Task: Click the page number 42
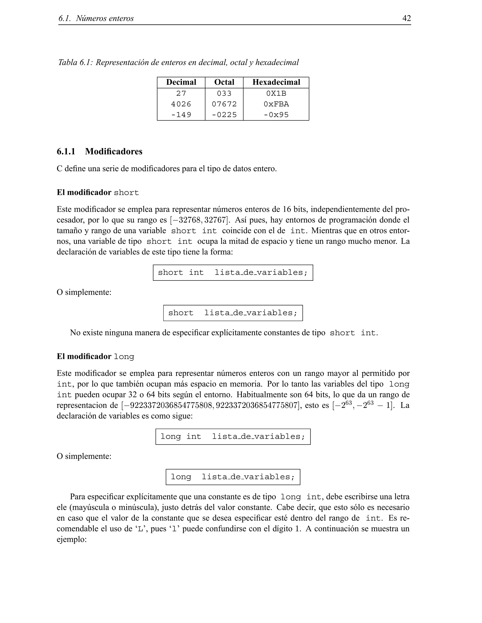pos(406,18)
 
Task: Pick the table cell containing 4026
pos(181,104)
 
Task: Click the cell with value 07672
pos(224,104)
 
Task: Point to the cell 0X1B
pos(276,93)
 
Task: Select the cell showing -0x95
pos(276,115)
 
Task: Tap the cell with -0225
pos(224,115)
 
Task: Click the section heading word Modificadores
pos(114,151)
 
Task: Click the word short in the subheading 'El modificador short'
pos(126,193)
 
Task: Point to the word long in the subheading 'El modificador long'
pos(124,357)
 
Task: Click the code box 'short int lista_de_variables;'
pos(233,272)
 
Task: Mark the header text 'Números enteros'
pos(105,19)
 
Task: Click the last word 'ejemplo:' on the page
pos(72,539)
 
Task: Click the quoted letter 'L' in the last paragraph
pos(140,529)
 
